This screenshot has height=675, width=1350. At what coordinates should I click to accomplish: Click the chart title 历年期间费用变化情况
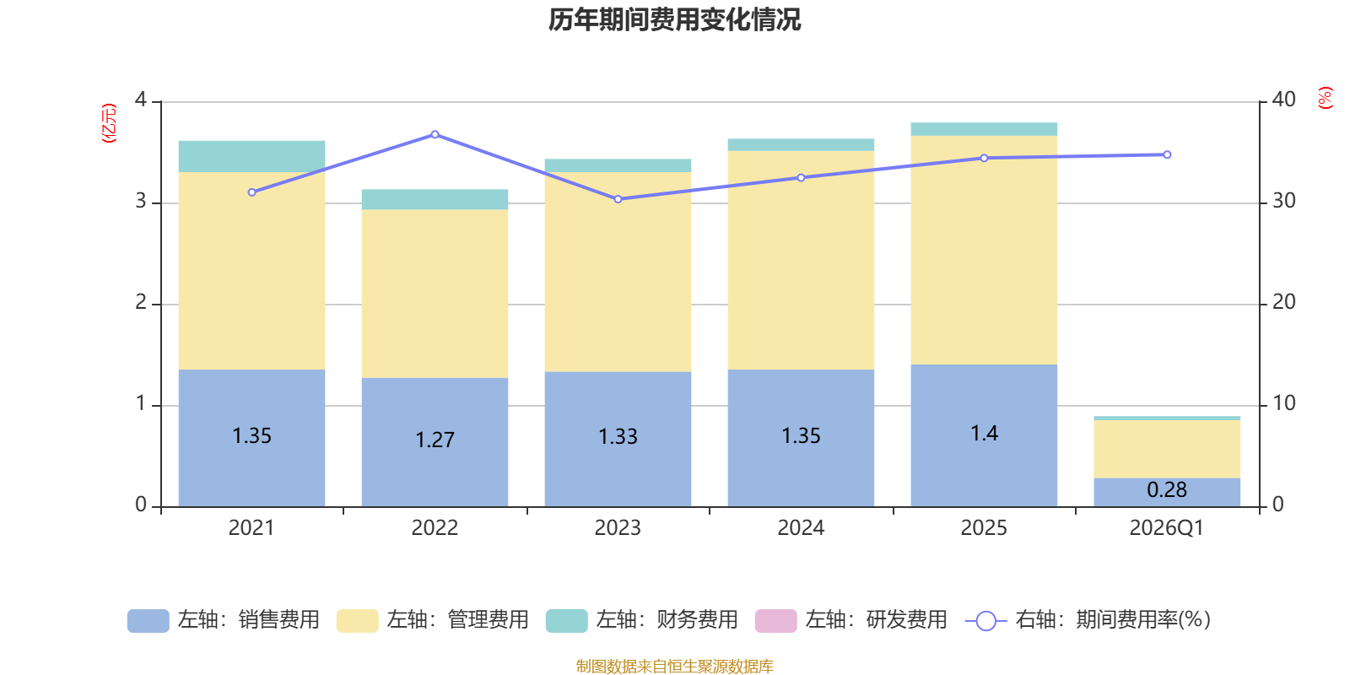[674, 20]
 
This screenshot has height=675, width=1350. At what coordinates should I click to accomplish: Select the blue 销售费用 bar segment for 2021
[252, 438]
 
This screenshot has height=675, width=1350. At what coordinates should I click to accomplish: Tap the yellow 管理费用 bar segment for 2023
[618, 272]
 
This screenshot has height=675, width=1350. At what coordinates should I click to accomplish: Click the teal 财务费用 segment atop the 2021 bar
[252, 157]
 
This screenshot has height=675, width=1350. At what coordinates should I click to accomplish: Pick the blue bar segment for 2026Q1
[1167, 493]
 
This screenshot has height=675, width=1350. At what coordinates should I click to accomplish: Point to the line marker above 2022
[435, 134]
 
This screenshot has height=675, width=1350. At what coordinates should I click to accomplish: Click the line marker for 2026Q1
[1167, 155]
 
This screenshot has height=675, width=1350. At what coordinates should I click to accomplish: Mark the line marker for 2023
[618, 199]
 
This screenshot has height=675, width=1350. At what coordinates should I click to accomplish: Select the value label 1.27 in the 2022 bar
[435, 440]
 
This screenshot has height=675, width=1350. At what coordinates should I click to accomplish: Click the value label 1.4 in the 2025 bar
[984, 434]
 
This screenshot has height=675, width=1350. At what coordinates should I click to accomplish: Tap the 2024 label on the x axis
[801, 528]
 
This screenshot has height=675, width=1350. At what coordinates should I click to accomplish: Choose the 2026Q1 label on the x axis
[1167, 528]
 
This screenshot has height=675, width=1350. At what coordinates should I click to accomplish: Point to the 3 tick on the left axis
[141, 201]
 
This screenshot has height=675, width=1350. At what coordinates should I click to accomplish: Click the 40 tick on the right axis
[1283, 100]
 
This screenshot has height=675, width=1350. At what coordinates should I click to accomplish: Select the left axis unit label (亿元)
[109, 123]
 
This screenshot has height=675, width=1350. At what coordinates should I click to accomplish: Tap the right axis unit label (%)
[1325, 98]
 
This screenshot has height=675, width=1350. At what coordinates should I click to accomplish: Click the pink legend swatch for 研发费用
[775, 621]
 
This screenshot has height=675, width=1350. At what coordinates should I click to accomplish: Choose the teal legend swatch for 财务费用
[566, 621]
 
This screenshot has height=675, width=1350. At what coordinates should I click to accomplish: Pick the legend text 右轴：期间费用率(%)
[1113, 620]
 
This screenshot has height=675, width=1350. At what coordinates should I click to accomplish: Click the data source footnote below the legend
[674, 666]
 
